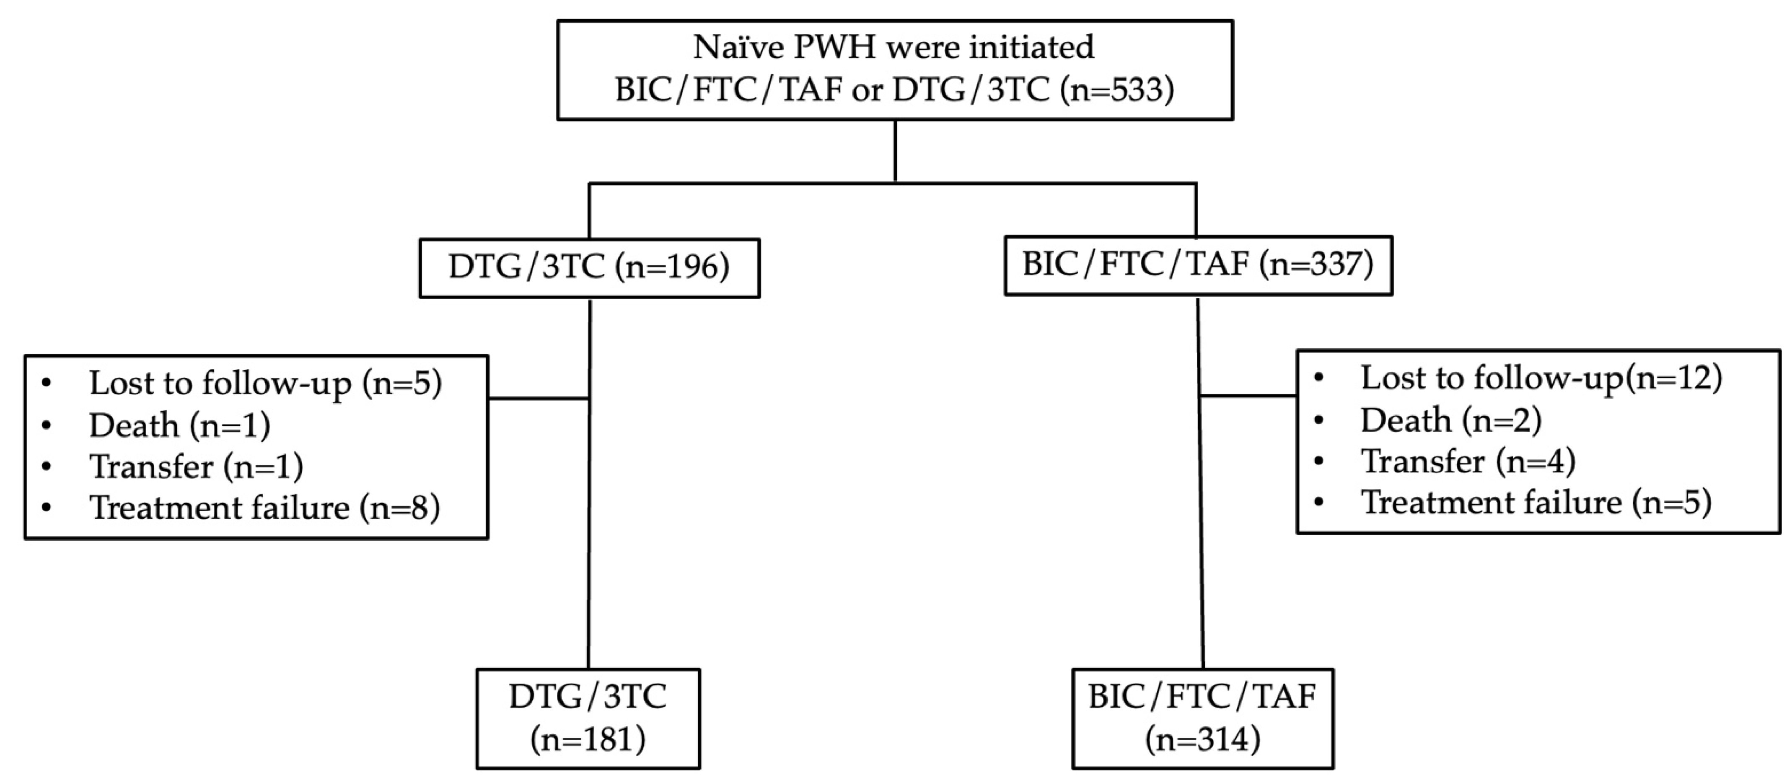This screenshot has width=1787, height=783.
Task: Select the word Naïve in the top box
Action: (740, 47)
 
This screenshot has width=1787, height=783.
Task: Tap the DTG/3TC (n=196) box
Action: (589, 268)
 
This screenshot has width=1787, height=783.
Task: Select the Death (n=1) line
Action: (179, 425)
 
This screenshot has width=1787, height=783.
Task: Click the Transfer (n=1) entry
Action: (196, 466)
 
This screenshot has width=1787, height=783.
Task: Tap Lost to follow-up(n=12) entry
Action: (1541, 379)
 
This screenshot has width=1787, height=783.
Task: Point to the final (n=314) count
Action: (1202, 740)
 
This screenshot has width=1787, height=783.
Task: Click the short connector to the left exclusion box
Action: (539, 398)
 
